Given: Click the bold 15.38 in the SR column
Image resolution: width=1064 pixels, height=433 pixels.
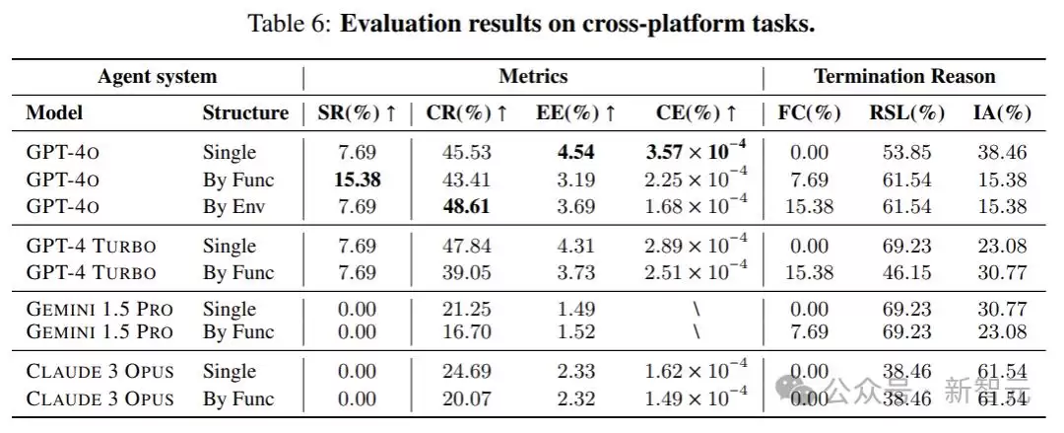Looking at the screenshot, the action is (357, 180).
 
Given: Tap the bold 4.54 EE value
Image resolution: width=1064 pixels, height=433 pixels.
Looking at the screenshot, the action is (575, 152).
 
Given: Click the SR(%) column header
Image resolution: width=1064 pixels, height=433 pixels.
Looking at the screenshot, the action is (357, 113).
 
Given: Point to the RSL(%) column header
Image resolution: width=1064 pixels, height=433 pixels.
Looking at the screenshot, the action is (906, 113).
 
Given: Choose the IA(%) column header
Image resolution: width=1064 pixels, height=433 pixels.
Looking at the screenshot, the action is (1002, 113).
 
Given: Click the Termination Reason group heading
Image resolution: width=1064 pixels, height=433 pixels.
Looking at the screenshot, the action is (905, 76).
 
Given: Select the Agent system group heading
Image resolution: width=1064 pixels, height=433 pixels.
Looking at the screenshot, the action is (158, 76).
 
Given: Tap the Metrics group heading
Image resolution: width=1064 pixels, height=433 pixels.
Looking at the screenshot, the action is (533, 76).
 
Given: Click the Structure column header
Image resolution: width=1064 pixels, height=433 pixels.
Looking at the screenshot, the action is (245, 113).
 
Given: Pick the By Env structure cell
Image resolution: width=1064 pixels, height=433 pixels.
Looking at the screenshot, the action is (233, 207).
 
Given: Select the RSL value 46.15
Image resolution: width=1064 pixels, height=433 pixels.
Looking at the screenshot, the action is (906, 272).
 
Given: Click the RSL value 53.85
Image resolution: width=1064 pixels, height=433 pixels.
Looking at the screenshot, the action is (906, 152).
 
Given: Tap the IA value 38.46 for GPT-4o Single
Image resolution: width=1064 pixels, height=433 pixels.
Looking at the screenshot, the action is (1002, 152).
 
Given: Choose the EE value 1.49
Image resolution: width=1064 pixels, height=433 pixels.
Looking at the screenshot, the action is (575, 310).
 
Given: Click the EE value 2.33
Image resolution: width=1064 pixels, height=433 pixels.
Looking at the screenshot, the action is (575, 371).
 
